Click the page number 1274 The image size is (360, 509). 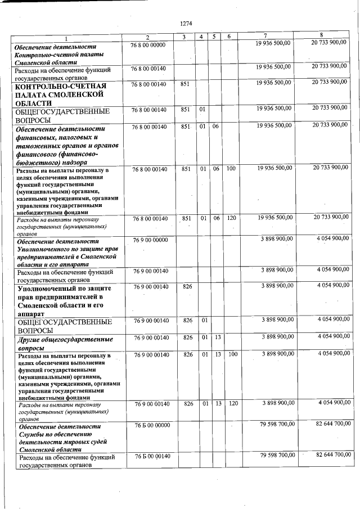click(186, 23)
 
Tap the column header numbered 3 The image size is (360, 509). click(184, 37)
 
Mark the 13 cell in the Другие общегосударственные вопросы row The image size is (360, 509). click(217, 337)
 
